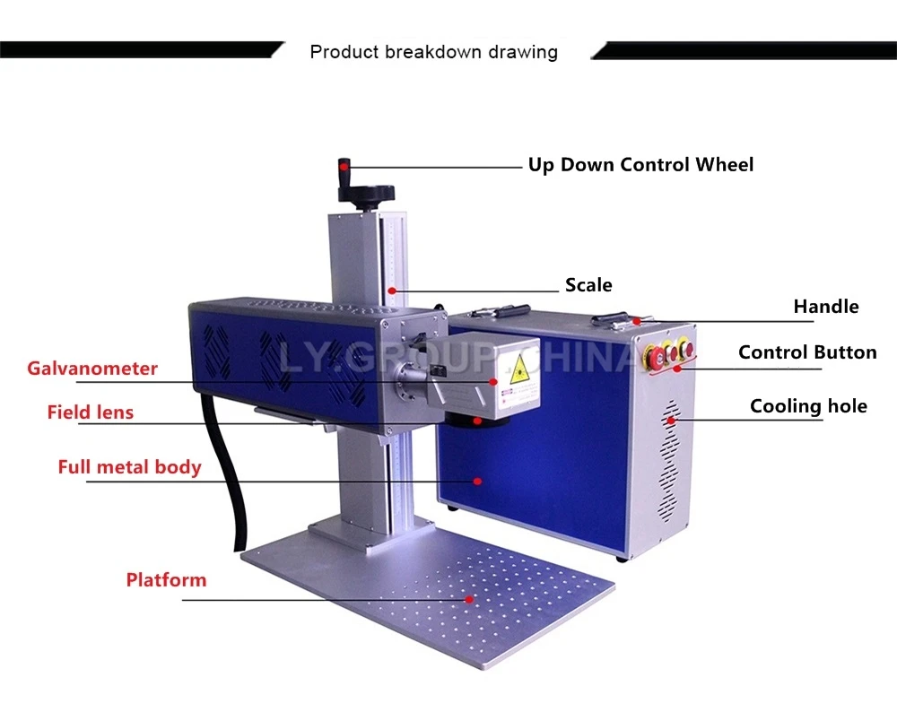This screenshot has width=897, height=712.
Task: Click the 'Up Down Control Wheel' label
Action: (x=640, y=165)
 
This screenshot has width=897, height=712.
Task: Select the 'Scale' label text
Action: (x=588, y=286)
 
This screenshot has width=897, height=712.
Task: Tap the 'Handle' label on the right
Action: (x=825, y=307)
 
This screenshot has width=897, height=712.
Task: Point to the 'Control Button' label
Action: (x=807, y=352)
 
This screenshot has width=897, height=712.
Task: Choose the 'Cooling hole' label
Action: (x=808, y=406)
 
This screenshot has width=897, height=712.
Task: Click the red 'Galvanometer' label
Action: (x=92, y=369)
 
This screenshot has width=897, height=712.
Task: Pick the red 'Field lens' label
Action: (x=91, y=412)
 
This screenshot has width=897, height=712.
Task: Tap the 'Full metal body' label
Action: (x=129, y=467)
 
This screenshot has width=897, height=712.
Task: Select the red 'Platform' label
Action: (x=166, y=580)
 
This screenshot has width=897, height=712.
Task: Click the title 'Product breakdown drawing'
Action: (x=433, y=52)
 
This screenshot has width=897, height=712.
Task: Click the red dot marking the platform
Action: (x=468, y=597)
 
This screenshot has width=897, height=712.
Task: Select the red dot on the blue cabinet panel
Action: (x=478, y=482)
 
